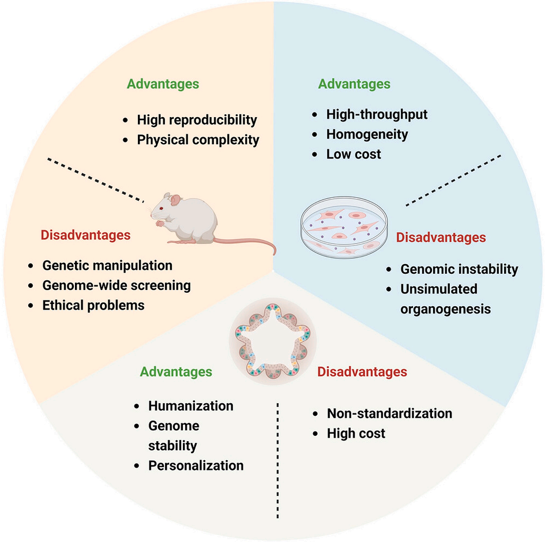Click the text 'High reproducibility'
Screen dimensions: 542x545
click(x=196, y=120)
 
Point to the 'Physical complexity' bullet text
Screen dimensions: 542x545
click(x=198, y=140)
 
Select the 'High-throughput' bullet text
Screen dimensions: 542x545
click(x=377, y=114)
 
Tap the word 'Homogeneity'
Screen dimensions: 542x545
click(x=367, y=134)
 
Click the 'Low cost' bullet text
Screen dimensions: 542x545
click(x=354, y=154)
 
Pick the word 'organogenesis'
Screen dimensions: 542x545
click(x=445, y=308)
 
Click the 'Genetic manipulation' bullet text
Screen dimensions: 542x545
click(x=107, y=266)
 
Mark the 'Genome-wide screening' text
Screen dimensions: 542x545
click(x=116, y=285)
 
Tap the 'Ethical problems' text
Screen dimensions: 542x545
click(x=93, y=305)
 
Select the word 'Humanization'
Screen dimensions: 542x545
click(x=191, y=405)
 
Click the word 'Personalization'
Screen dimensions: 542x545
click(x=196, y=465)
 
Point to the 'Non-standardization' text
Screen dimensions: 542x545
click(x=389, y=413)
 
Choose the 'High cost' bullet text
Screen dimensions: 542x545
click(x=356, y=432)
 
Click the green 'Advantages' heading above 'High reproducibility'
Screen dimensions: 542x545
click(x=163, y=84)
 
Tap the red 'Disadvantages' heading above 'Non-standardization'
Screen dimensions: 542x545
click(x=362, y=372)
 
